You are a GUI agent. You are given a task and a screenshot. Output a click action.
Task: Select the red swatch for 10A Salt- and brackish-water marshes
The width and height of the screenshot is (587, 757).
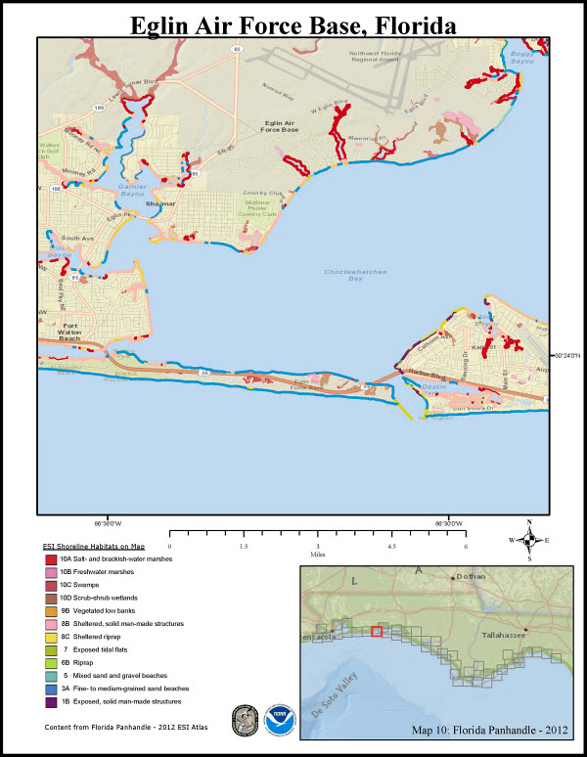coord(51,557)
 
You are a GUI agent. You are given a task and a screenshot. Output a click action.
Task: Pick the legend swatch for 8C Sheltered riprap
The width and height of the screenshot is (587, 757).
coord(51,635)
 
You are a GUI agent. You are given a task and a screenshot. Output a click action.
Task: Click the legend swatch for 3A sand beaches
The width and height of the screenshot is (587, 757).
coord(51,689)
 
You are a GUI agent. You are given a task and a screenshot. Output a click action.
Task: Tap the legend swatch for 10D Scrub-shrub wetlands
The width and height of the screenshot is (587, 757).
coord(51,596)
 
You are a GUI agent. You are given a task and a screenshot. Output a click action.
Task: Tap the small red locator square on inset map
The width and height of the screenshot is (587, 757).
coord(376,631)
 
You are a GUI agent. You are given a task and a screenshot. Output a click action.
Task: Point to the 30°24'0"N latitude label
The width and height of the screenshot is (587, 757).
coord(568,355)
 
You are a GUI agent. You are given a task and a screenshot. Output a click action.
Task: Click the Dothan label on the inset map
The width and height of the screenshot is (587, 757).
coord(471,577)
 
